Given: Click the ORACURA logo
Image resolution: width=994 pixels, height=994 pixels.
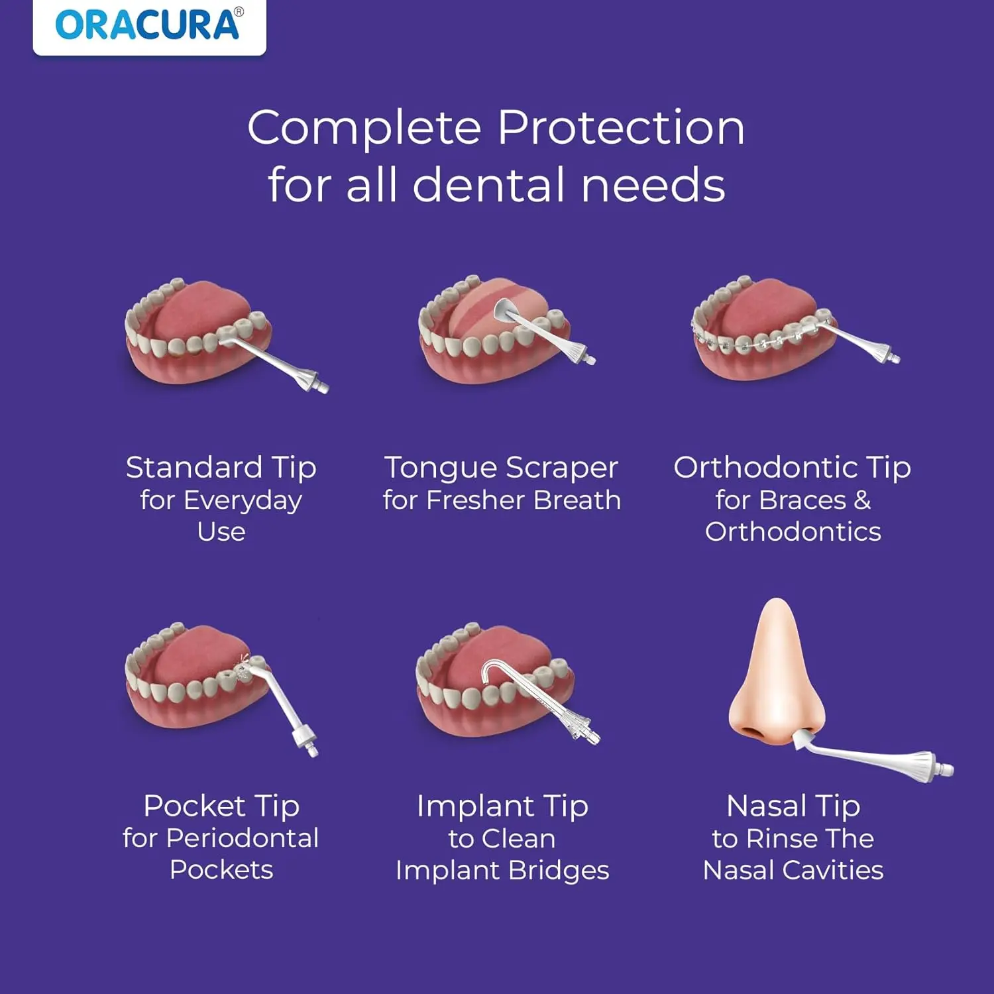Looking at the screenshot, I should point(149,25).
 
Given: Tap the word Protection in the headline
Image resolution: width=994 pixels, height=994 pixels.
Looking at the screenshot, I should point(621,127).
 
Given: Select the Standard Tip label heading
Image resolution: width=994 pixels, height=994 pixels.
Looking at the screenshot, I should point(221,468).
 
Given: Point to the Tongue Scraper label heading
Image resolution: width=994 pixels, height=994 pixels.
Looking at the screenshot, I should point(501,468).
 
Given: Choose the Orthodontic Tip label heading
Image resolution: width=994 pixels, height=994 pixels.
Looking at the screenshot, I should point(792,468).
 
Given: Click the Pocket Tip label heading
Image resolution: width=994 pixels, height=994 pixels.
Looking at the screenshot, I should point(221,806).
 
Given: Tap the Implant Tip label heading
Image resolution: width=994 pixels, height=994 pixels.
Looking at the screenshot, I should point(502,806).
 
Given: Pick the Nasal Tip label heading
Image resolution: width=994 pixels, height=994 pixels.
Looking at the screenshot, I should point(793,806).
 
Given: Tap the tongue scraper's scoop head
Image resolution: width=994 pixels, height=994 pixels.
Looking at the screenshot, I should point(506,308).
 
